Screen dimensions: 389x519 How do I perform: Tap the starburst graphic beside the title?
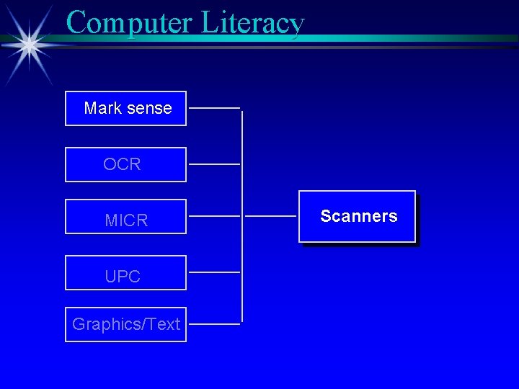click(x=30, y=44)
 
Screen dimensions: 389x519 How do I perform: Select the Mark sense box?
click(x=125, y=109)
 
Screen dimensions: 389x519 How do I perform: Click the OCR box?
click(x=125, y=165)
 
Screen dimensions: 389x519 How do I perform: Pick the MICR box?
click(x=125, y=217)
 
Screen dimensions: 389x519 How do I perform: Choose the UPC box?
click(x=125, y=273)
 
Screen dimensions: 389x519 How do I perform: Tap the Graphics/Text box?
click(x=125, y=325)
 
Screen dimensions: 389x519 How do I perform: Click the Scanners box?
click(x=358, y=217)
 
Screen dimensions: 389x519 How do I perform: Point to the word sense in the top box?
click(x=149, y=109)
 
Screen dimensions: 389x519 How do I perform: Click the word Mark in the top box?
click(x=103, y=109)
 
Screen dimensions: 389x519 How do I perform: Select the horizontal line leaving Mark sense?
click(x=214, y=108)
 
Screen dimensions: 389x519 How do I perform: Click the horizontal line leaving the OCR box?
click(x=214, y=164)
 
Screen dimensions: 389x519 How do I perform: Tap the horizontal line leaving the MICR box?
click(x=214, y=215)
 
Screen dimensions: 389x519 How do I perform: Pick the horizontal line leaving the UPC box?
click(x=214, y=272)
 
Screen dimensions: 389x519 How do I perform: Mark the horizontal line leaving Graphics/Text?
click(x=214, y=324)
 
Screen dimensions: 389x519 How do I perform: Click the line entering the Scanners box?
click(x=270, y=215)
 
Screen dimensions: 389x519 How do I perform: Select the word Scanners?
click(x=358, y=216)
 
